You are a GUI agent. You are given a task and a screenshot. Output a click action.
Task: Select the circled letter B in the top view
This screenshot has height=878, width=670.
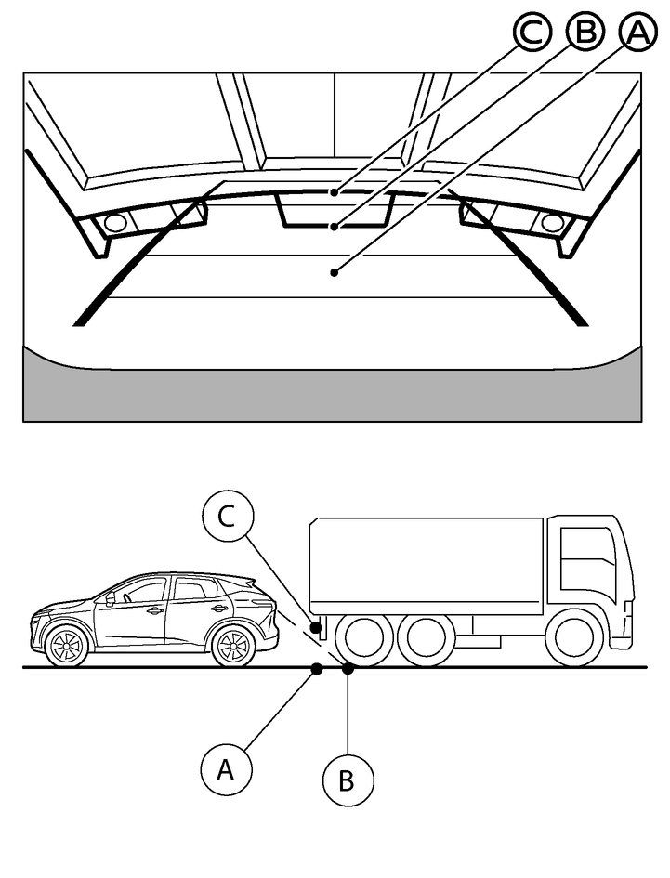pyautogui.click(x=584, y=34)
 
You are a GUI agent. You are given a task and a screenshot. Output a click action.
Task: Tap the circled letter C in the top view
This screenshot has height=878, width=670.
pyautogui.click(x=532, y=34)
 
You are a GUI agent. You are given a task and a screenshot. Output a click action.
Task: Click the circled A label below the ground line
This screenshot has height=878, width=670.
pyautogui.click(x=223, y=768)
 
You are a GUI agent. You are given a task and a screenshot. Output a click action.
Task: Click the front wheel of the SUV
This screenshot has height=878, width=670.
pyautogui.click(x=65, y=646)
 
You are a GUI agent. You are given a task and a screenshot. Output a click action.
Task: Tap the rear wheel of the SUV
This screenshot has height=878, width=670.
pyautogui.click(x=233, y=646)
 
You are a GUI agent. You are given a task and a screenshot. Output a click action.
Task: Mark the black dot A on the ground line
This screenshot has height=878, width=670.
pyautogui.click(x=317, y=667)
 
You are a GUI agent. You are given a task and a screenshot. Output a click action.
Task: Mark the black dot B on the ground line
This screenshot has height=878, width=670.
pyautogui.click(x=348, y=667)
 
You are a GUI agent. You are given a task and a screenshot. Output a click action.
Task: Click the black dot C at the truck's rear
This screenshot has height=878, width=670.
pyautogui.click(x=317, y=628)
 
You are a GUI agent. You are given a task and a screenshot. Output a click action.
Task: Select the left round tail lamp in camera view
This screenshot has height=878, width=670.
pyautogui.click(x=114, y=223)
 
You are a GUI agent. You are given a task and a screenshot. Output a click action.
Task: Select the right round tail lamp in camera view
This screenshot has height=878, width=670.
pyautogui.click(x=552, y=223)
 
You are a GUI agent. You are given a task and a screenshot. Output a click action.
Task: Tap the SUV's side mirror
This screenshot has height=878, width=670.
pyautogui.click(x=111, y=599)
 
